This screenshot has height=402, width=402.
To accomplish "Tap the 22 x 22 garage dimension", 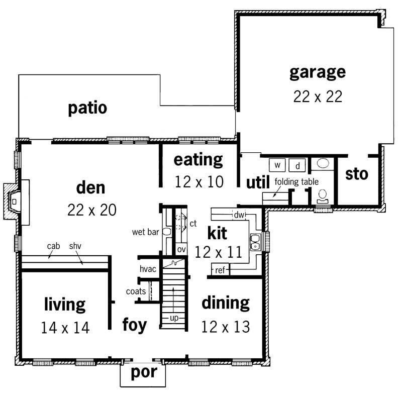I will pyautogui.click(x=317, y=96).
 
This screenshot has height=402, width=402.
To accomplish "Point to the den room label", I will pyautogui.click(x=91, y=187).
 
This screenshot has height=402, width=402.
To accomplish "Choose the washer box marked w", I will pyautogui.click(x=277, y=165).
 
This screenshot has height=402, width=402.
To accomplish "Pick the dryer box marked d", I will pyautogui.click(x=297, y=165).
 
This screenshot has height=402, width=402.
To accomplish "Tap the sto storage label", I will pyautogui.click(x=357, y=174).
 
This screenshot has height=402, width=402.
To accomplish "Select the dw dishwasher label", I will pyautogui.click(x=239, y=215).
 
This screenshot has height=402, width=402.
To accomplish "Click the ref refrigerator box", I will pyautogui.click(x=219, y=270).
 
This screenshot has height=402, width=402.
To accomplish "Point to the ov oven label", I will pyautogui.click(x=180, y=249).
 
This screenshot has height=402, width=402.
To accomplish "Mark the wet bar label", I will pyautogui.click(x=146, y=232).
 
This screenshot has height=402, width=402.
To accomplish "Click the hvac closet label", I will pyautogui.click(x=148, y=269).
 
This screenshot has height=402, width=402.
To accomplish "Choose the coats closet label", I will pyautogui.click(x=136, y=291).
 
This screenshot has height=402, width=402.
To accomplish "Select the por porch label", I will pyautogui.click(x=143, y=373).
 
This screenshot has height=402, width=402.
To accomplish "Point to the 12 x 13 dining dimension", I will pyautogui.click(x=225, y=327).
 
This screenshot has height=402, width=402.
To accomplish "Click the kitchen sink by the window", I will pyautogui.click(x=256, y=241).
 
